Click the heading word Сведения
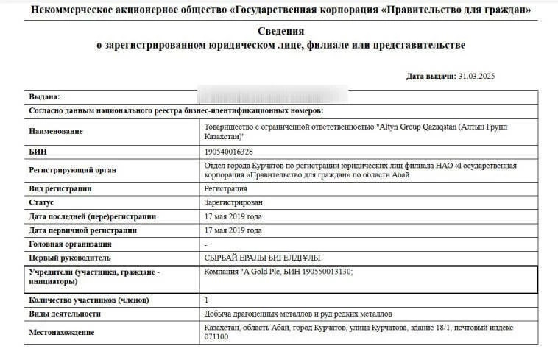280,31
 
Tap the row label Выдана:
44,97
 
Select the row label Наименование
55,131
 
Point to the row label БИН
38,152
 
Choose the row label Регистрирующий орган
72,170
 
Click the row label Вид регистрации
60,188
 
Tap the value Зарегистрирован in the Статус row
233,202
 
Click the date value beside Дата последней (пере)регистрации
233,216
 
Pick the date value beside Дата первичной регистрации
233,230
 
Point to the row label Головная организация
70,244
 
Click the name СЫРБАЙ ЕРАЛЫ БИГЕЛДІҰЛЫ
262,258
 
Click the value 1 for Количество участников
206,300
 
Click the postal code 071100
216,337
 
